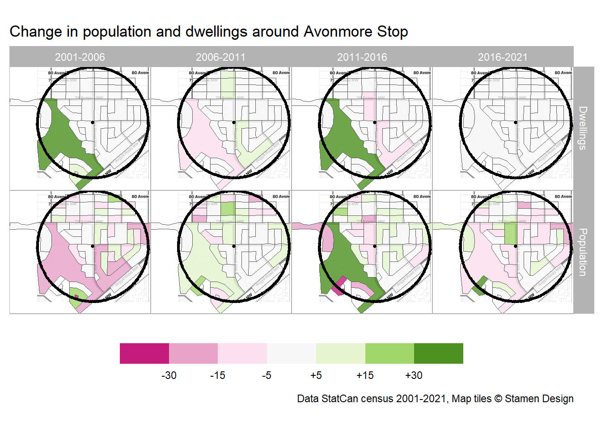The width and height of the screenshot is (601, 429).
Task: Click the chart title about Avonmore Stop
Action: pyautogui.click(x=209, y=32)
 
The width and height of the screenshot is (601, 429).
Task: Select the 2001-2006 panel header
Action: pyautogui.click(x=80, y=57)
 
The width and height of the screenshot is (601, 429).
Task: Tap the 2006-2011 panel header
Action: pyautogui.click(x=221, y=57)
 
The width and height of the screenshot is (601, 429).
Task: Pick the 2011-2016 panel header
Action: pyautogui.click(x=362, y=57)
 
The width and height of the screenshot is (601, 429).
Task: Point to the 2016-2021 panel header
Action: pyautogui.click(x=503, y=57)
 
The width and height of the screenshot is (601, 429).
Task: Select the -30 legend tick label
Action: pyautogui.click(x=169, y=375)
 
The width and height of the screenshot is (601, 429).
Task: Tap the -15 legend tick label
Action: pyautogui.click(x=218, y=375)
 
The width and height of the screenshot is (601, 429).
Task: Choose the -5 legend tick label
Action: pyautogui.click(x=267, y=375)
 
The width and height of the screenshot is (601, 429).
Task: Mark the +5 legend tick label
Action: pyautogui.click(x=316, y=375)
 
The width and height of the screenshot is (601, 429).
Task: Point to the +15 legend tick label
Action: pyautogui.click(x=365, y=375)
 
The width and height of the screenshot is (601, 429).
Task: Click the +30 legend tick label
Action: pyautogui.click(x=414, y=375)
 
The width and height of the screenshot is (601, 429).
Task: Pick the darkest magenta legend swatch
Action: pyautogui.click(x=144, y=353)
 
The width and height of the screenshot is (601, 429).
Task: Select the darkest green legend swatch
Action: pyautogui.click(x=439, y=353)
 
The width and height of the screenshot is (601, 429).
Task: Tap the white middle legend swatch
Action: pyautogui.click(x=292, y=353)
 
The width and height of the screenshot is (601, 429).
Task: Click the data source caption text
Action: pyautogui.click(x=435, y=399)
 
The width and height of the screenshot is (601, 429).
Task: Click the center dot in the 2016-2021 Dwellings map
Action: pyautogui.click(x=516, y=122)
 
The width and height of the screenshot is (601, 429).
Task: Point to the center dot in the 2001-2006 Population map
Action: pyautogui.click(x=93, y=246)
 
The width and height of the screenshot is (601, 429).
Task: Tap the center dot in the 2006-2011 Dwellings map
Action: pyautogui.click(x=234, y=122)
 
